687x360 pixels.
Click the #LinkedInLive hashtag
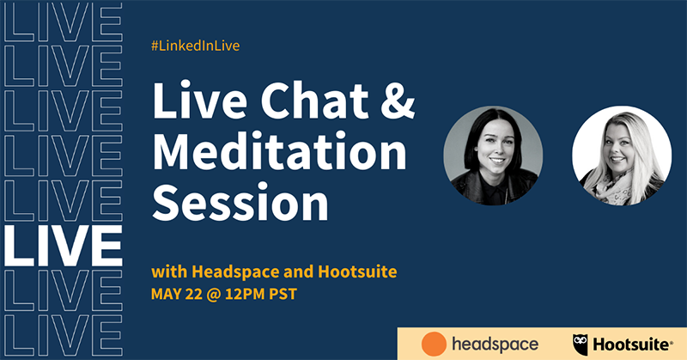[196, 46]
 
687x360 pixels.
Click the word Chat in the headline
[314, 100]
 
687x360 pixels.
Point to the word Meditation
[280, 151]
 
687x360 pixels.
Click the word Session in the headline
[240, 202]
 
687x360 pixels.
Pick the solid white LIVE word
[63, 246]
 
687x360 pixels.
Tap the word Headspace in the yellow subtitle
[235, 272]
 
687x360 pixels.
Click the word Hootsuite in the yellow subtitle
[357, 272]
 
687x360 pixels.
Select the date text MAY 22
[177, 294]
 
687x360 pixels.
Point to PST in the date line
[283, 294]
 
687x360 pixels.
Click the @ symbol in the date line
[214, 294]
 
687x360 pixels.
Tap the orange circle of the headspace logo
[434, 345]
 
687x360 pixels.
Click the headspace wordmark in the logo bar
[495, 345]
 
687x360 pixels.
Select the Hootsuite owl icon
[581, 345]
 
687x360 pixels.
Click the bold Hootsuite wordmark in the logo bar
[632, 345]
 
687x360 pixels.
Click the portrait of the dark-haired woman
[493, 156]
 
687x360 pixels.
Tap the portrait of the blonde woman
[621, 156]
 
